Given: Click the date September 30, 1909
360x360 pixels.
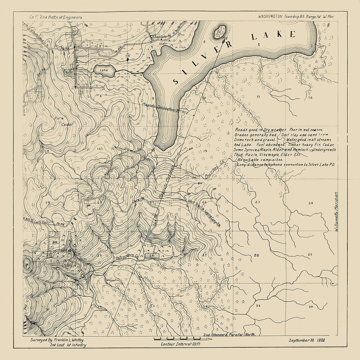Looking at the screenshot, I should pos(307,340).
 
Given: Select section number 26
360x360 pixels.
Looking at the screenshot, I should pos(256,255).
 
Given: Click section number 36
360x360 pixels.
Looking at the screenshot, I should pos(311,306).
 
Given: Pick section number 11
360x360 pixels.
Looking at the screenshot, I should pos(257,97).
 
